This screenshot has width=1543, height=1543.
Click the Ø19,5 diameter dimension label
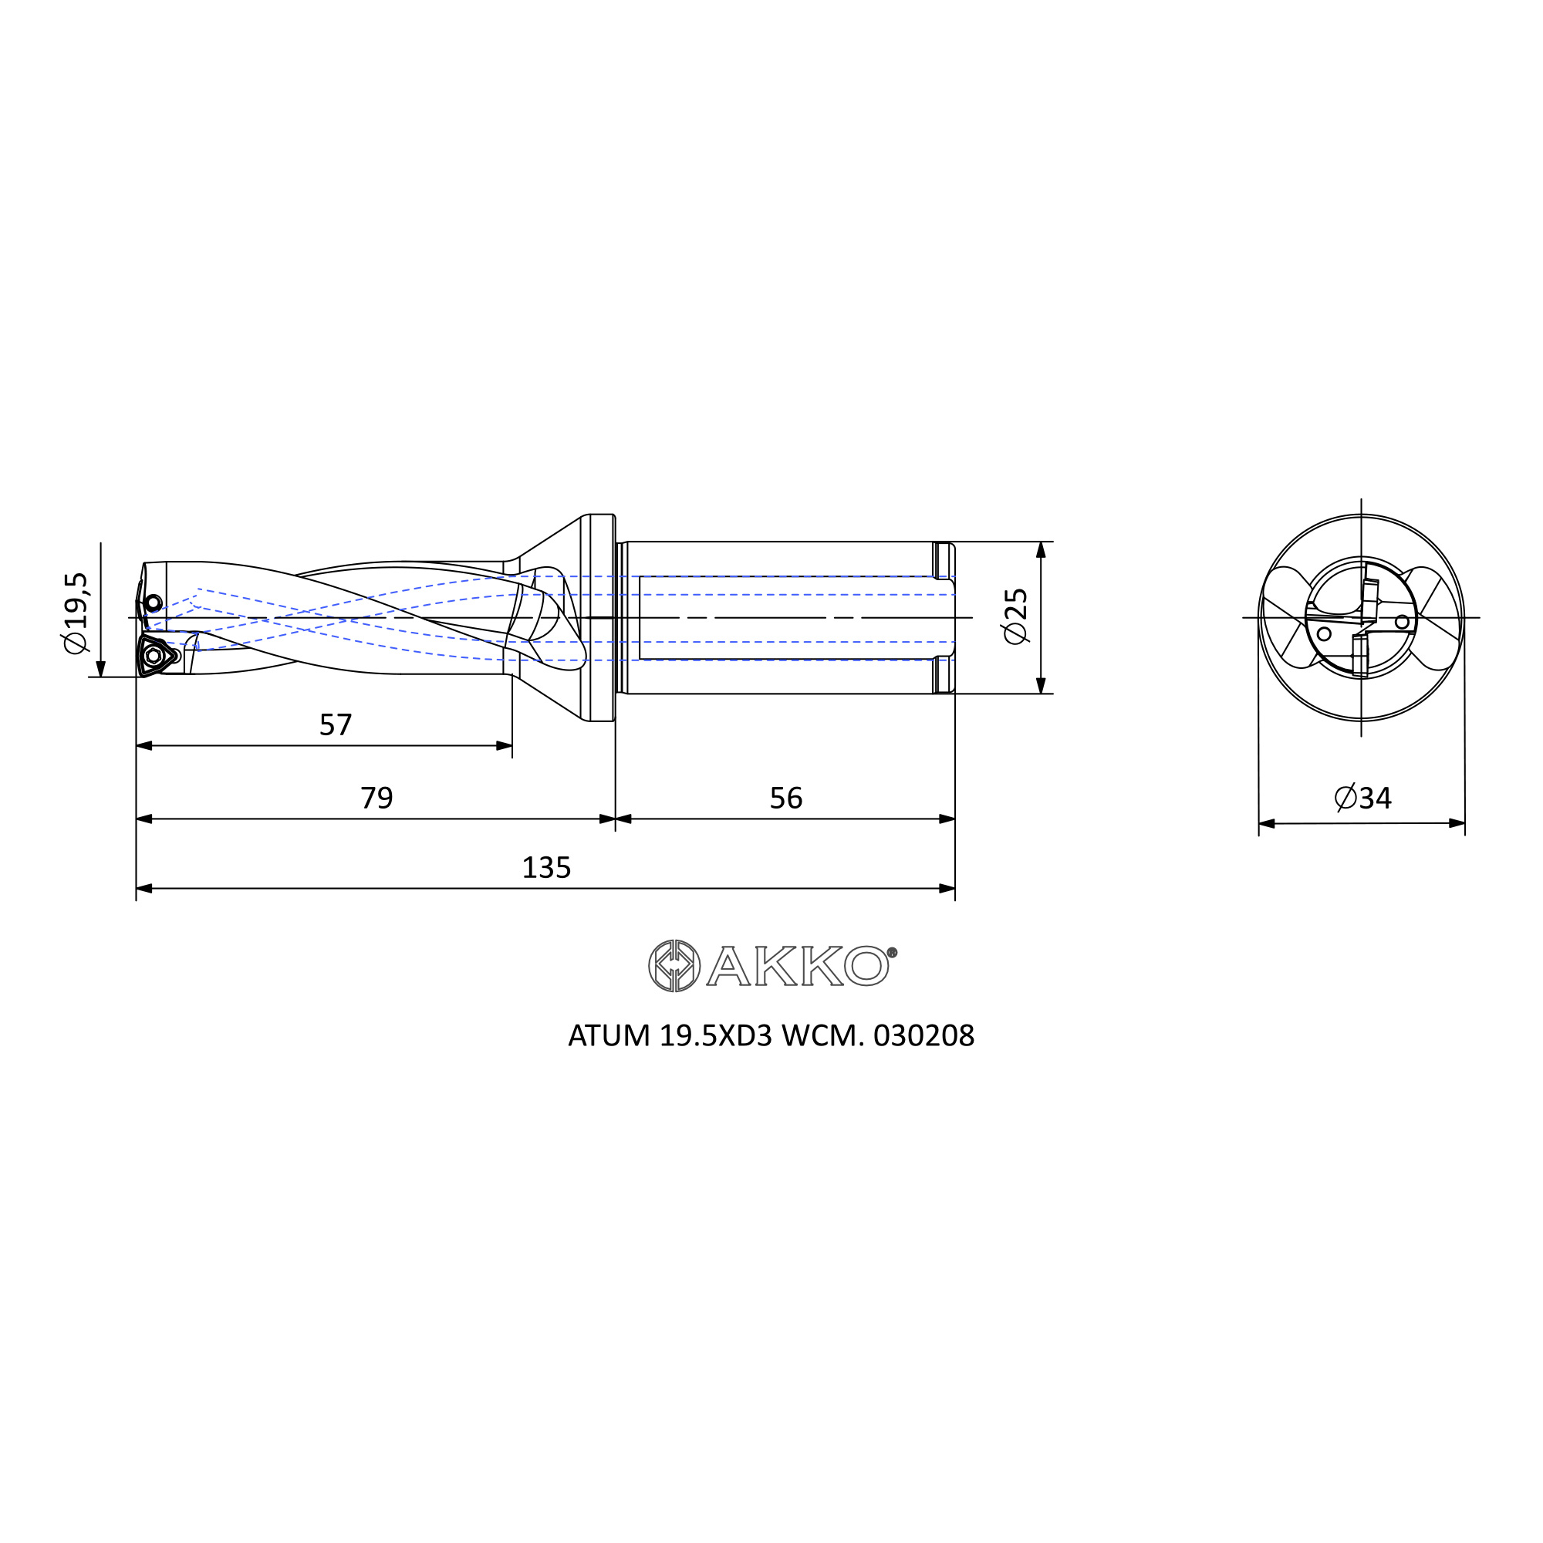point(76,613)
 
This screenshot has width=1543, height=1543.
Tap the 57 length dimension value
point(336,725)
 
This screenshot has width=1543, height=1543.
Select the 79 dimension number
point(377,798)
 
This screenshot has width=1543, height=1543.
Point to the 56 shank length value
point(786,798)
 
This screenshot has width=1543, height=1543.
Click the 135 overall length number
point(546,867)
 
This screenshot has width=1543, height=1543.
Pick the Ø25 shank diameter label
point(1016,616)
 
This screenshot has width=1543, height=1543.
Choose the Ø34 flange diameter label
point(1363,798)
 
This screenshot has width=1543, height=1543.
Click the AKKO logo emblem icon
point(674,966)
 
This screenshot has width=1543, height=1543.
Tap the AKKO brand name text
point(797,967)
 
